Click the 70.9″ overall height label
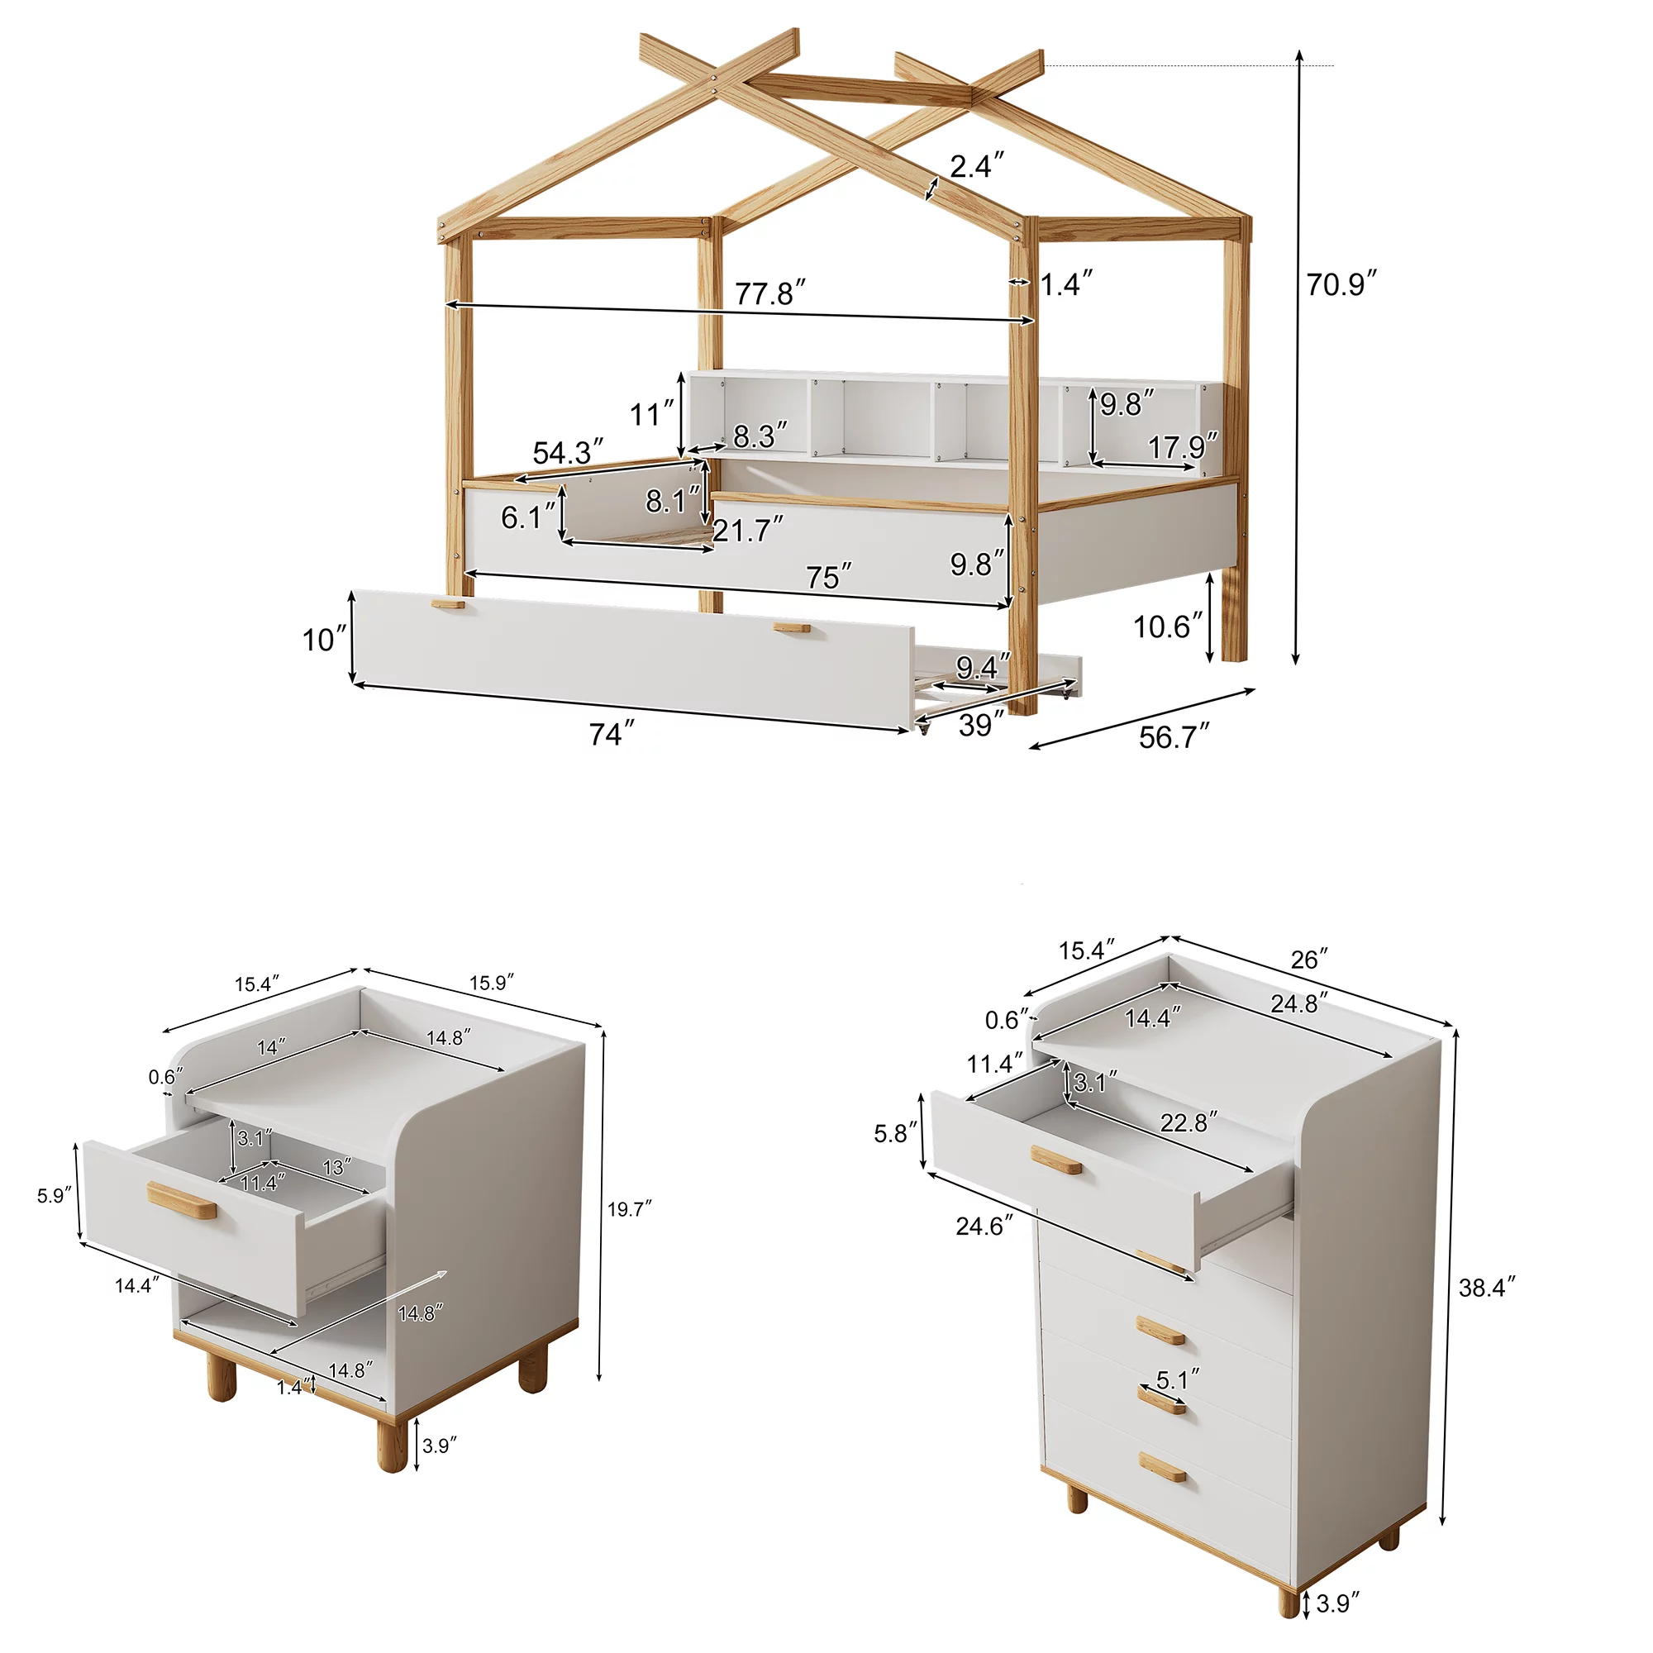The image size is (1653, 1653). tap(1341, 284)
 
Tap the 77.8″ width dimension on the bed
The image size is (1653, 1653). tap(770, 293)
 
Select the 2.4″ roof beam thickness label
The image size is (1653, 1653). tap(976, 165)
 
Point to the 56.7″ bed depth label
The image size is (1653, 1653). tap(1174, 736)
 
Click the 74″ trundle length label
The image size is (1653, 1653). tap(612, 734)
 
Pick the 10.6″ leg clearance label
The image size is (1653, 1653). tap(1168, 627)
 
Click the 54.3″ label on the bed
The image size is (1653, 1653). tap(567, 452)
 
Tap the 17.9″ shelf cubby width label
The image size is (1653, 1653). tap(1182, 446)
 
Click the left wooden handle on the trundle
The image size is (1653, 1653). tap(448, 604)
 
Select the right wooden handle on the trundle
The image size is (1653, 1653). tap(792, 628)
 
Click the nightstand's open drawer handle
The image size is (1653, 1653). tap(181, 1201)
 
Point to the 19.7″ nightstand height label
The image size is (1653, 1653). tap(630, 1209)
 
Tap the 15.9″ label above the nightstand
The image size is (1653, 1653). tap(491, 983)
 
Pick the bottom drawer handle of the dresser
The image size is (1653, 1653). tap(1161, 1466)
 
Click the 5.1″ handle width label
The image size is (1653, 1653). tap(1177, 1379)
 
